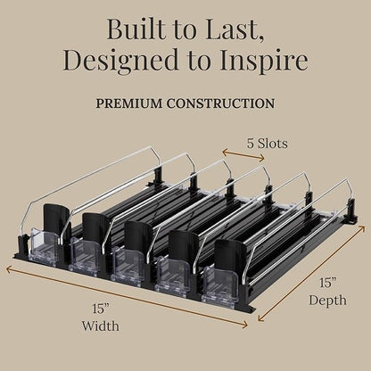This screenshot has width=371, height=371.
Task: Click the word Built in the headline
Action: point(136,29)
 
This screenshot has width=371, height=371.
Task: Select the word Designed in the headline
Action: point(121,60)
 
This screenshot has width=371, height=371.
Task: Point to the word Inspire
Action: point(264,61)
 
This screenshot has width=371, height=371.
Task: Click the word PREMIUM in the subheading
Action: point(129,103)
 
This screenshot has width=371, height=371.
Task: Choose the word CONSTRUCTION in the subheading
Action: point(220,103)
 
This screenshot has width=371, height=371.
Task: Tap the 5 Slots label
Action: point(267,144)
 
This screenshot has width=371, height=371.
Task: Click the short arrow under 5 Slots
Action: point(243,155)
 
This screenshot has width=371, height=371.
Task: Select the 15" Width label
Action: point(101,317)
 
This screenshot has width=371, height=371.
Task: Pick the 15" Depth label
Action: point(327,292)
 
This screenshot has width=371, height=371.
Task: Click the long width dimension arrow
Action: point(127,297)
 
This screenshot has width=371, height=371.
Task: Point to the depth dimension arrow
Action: point(311,274)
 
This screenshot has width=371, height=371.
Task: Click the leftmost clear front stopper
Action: point(43,248)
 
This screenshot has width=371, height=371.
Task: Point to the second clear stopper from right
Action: point(172,275)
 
